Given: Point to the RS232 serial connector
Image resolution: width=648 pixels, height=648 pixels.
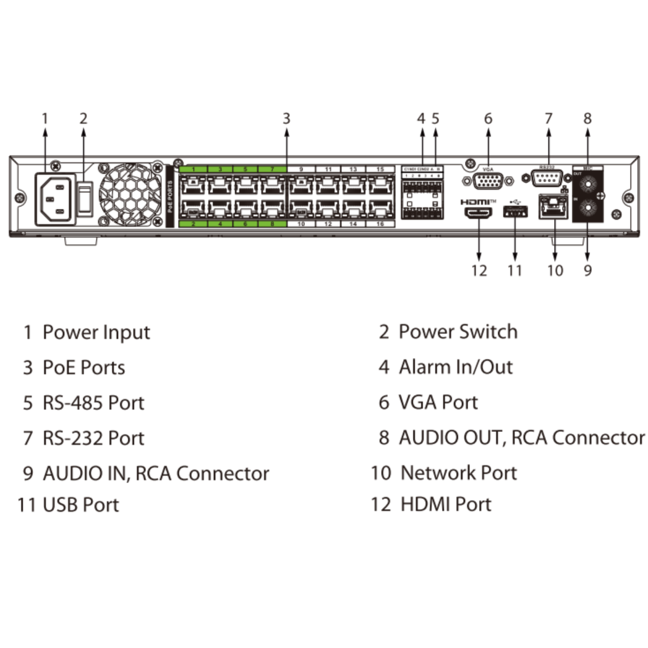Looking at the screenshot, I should tap(548, 178).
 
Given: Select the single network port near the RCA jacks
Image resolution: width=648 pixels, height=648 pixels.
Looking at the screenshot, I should tap(553, 207).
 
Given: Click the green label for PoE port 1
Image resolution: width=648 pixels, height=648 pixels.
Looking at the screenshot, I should tap(193, 170).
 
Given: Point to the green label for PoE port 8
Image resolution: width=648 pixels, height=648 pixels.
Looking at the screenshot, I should tap(272, 224).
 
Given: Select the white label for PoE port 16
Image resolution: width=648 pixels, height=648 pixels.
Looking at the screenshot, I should tap(381, 224).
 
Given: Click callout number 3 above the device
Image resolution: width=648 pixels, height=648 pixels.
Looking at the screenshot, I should tap(286, 119).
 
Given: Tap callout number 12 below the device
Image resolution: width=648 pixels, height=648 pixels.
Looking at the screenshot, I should tap(479, 270).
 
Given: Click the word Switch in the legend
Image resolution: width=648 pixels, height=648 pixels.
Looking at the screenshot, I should tap(488, 332).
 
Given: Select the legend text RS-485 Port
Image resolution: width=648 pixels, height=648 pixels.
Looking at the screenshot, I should tap(93, 403).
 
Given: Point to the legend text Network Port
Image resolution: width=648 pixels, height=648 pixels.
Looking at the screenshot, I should tap(458, 473).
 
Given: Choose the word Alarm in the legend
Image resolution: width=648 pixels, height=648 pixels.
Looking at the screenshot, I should tap(425, 367).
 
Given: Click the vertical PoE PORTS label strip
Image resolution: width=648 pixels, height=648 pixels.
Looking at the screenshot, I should tap(170, 195).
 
